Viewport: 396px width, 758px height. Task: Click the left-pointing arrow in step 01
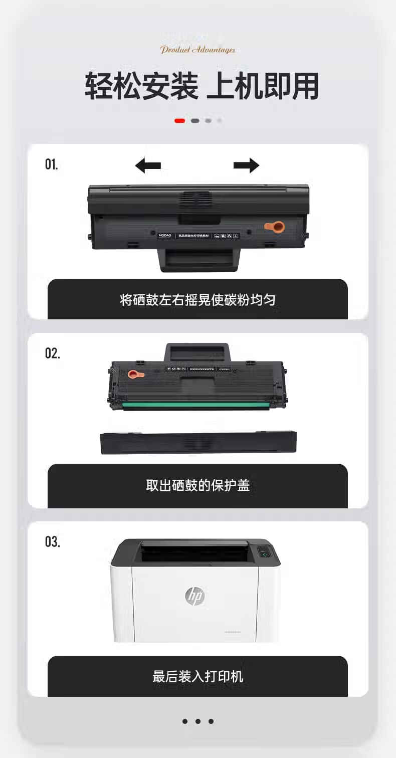148,165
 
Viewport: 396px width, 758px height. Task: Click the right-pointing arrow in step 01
247,165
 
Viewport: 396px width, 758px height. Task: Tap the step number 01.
52,164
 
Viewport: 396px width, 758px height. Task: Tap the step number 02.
53,353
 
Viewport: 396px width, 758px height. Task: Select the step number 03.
53,541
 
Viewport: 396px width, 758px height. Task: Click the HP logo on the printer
195,596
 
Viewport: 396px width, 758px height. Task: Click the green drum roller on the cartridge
198,405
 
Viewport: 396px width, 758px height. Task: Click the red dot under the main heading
179,120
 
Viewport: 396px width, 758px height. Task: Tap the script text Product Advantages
197,50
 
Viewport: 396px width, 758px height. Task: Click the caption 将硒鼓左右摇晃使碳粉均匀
197,300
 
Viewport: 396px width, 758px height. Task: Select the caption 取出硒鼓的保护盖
197,485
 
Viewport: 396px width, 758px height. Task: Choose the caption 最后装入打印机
197,676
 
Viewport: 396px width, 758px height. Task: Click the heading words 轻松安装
141,86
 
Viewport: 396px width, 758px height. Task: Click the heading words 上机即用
263,86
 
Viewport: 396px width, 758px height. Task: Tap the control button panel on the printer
265,553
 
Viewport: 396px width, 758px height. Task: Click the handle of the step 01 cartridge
199,260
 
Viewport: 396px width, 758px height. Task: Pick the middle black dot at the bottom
198,721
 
